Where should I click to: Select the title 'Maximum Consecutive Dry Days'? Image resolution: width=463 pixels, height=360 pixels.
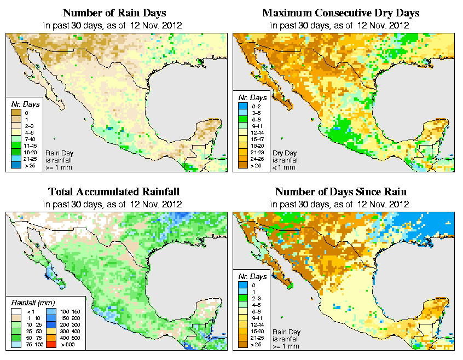pos(340,13)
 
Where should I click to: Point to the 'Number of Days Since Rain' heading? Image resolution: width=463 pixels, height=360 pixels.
pos(340,192)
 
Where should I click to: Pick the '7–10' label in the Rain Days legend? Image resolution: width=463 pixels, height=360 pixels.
pos(29,139)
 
